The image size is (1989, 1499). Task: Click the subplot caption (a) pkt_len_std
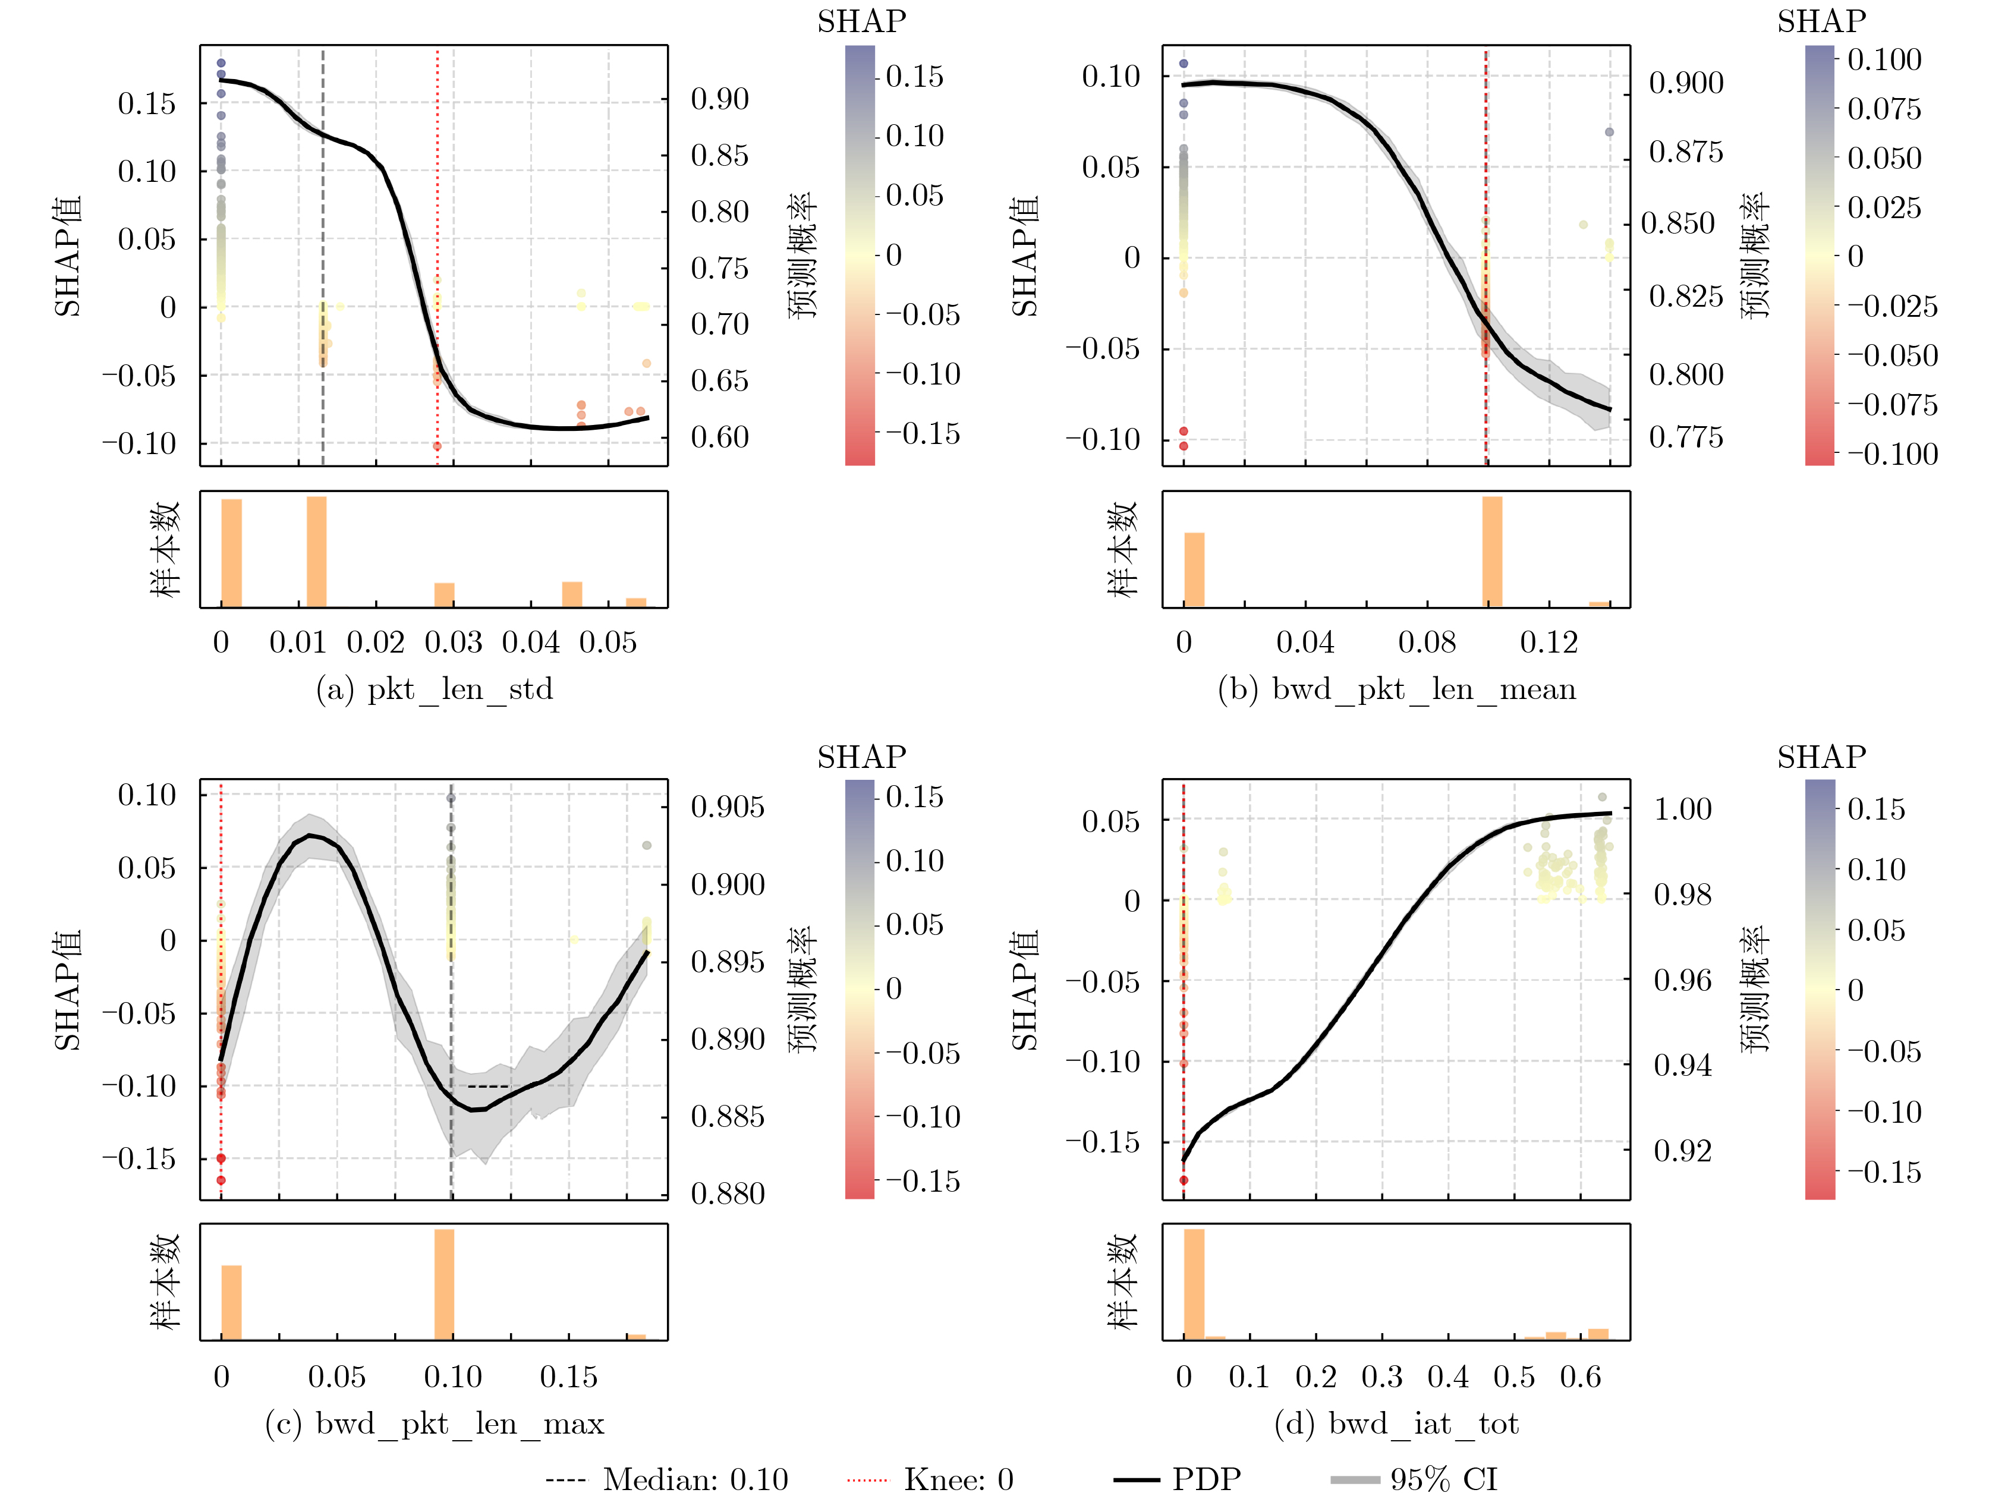click(x=435, y=689)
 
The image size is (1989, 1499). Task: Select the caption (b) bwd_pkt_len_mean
click(x=1396, y=689)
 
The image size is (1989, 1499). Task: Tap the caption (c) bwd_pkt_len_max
click(x=435, y=1424)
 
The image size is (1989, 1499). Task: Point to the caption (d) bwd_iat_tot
click(x=1396, y=1424)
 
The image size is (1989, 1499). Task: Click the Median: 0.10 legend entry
click(x=667, y=1479)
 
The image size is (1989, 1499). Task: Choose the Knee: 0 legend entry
click(x=931, y=1479)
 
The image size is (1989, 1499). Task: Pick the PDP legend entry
click(x=1178, y=1479)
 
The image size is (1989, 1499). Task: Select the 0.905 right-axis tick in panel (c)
click(x=728, y=807)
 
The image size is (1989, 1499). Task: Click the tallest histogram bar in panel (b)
click(x=1492, y=551)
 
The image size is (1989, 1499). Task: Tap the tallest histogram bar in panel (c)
click(x=444, y=1284)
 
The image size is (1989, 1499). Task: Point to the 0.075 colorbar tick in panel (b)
click(x=1884, y=109)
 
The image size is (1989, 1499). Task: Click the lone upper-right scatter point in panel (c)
click(x=647, y=845)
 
